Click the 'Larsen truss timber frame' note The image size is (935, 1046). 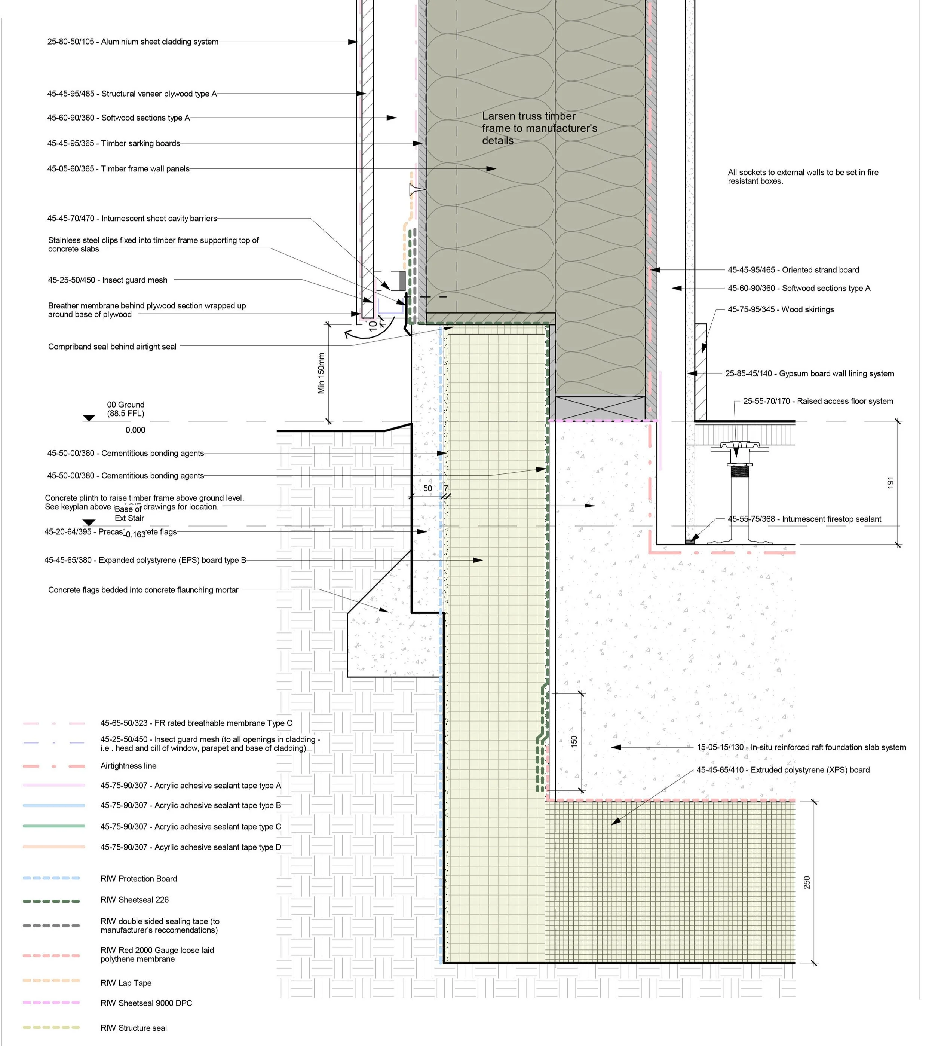click(539, 128)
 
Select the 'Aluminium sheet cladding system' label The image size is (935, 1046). click(132, 42)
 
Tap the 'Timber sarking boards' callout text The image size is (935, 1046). click(114, 143)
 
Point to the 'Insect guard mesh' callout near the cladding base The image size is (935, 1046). click(107, 280)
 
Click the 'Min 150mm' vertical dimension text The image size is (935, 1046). click(322, 373)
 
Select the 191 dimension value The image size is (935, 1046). click(890, 483)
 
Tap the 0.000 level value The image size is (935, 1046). click(135, 430)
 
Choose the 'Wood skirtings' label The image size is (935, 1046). click(781, 309)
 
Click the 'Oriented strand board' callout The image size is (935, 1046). click(793, 270)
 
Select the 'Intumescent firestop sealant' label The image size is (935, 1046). click(804, 519)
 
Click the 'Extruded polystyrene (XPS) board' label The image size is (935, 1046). click(782, 770)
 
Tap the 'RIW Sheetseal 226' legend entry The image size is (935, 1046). click(135, 900)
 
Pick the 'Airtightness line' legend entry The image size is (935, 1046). click(128, 766)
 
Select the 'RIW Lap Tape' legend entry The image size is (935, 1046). click(126, 983)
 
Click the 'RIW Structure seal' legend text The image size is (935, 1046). click(134, 1028)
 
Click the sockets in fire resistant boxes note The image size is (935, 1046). click(803, 176)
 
